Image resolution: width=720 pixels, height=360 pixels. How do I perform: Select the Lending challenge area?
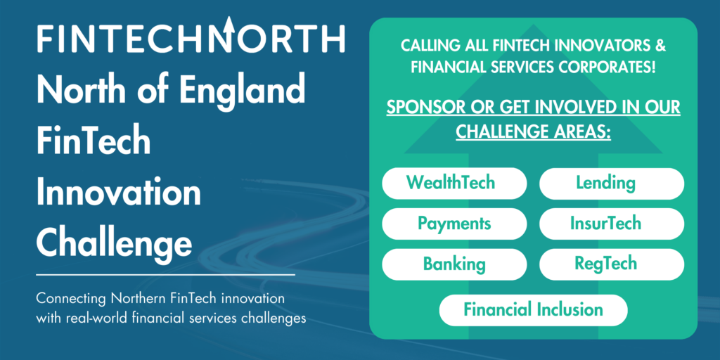[611, 184]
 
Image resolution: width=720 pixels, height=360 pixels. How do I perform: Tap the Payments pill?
[454, 224]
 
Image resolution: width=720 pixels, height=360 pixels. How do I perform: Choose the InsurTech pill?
[611, 224]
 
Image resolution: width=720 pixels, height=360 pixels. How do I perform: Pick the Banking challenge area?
[454, 264]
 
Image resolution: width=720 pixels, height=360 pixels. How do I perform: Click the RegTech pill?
[611, 264]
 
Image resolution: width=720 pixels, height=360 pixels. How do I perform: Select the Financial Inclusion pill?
[533, 309]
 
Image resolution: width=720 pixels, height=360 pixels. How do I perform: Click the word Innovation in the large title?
[118, 192]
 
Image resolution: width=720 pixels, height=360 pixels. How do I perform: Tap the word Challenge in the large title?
[114, 243]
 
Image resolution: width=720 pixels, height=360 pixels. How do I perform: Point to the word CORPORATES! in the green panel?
[605, 67]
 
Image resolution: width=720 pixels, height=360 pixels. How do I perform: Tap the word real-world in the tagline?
[95, 317]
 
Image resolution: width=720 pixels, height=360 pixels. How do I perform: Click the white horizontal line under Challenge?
[165, 274]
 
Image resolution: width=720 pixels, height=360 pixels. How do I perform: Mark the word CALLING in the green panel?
[425, 46]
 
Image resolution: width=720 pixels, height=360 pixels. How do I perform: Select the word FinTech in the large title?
[93, 142]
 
